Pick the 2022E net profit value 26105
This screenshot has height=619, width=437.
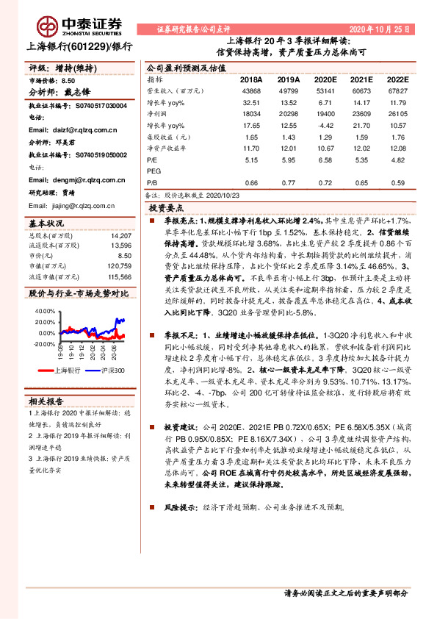coord(396,115)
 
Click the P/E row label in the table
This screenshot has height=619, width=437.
coord(153,158)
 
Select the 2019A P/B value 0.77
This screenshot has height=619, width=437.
coord(288,182)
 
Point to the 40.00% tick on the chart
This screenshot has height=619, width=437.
coord(44,311)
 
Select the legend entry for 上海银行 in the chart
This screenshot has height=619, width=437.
coord(65,371)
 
